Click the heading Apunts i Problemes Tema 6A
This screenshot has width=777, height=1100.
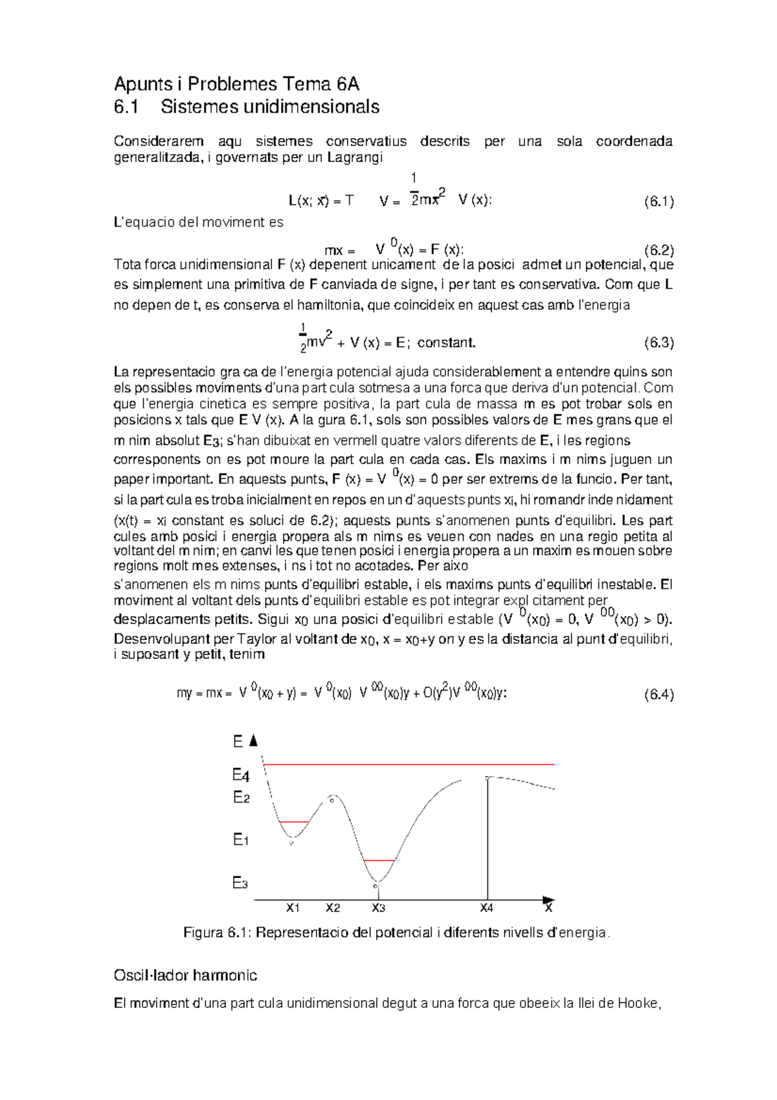click(236, 84)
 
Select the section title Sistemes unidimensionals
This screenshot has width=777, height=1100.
click(269, 107)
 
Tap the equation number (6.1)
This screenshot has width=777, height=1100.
click(659, 201)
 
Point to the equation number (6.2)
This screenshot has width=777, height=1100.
click(659, 250)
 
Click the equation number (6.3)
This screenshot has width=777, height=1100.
click(659, 343)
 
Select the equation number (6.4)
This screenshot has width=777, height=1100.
click(659, 695)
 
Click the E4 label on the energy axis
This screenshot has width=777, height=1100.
click(241, 775)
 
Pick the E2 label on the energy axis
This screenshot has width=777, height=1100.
click(241, 797)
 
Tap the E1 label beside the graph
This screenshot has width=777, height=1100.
click(241, 840)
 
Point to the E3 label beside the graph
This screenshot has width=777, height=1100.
click(240, 883)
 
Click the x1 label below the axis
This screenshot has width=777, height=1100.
click(293, 908)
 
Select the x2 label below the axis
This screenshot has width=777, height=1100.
click(333, 908)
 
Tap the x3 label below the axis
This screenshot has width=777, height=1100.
click(379, 908)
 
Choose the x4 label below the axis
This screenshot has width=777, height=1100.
click(486, 908)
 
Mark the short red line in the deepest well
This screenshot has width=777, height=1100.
click(379, 860)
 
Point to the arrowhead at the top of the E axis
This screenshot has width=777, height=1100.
click(254, 740)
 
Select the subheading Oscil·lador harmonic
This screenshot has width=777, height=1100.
click(185, 976)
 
